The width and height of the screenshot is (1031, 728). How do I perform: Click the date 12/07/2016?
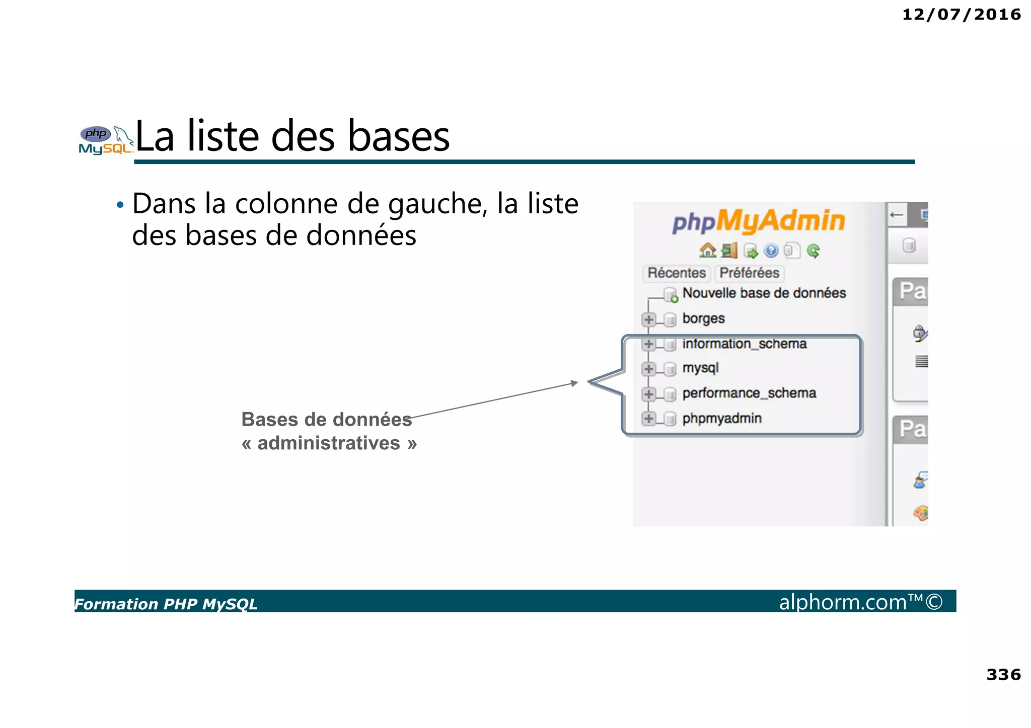point(961,15)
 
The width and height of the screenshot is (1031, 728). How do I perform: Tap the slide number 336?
point(1003,674)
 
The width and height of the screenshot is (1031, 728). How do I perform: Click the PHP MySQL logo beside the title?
point(105,140)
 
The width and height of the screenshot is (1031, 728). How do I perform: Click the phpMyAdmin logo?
point(759,221)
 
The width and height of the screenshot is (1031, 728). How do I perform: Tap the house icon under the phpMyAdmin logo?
point(707,250)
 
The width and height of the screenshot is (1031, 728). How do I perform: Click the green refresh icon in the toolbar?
point(813,251)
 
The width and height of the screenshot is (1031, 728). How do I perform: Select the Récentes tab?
point(677,273)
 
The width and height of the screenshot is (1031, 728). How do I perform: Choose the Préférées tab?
point(749,273)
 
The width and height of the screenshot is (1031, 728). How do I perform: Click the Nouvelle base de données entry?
point(764,293)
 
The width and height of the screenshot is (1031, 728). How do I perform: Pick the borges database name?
point(703,318)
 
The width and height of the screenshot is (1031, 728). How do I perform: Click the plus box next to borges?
point(649,319)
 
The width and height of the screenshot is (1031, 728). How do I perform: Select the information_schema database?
point(744,344)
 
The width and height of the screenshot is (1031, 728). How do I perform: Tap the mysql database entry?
point(700,368)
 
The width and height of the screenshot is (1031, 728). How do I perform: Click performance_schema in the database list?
point(749,393)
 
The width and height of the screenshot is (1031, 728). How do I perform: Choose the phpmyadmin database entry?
point(722,418)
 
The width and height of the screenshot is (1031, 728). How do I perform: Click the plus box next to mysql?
point(649,369)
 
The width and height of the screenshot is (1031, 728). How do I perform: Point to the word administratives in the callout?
point(329,443)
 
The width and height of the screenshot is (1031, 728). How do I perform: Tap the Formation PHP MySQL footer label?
point(166,604)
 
